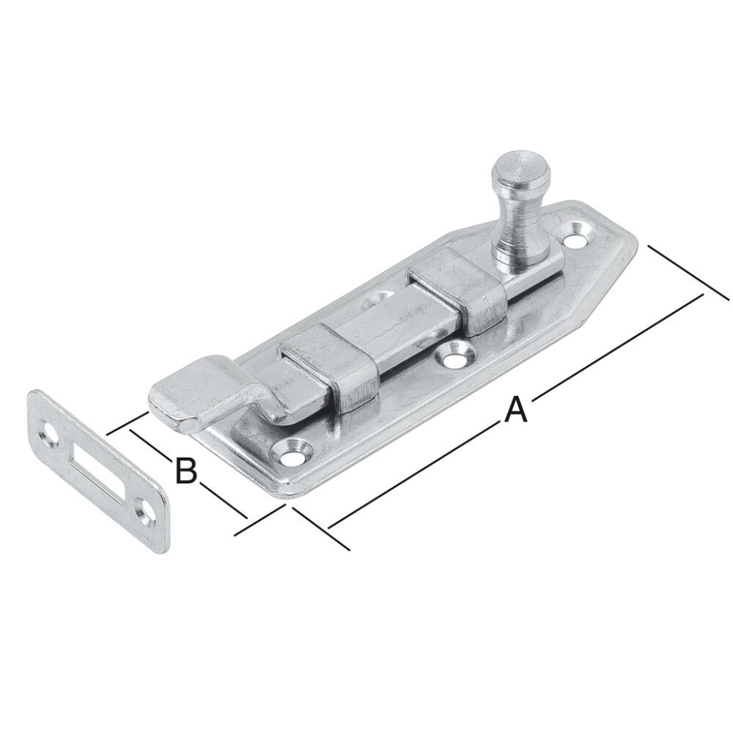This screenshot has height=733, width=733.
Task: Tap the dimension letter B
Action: click(186, 470)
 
